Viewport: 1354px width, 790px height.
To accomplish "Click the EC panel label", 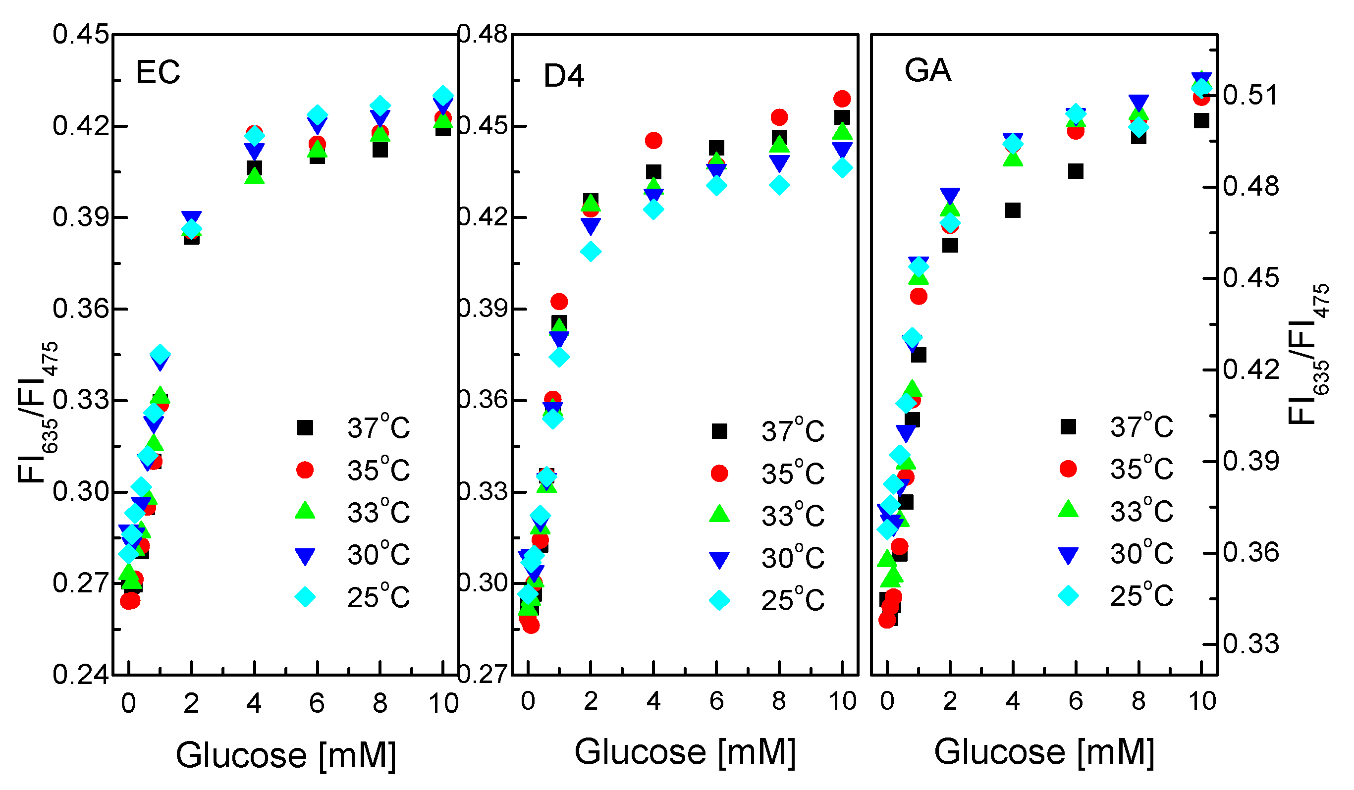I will [158, 72].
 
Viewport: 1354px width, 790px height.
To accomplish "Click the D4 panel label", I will [563, 76].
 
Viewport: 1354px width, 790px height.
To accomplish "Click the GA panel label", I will [927, 70].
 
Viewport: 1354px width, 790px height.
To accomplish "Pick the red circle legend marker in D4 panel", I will [719, 473].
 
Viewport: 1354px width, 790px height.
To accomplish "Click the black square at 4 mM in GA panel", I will [1012, 211].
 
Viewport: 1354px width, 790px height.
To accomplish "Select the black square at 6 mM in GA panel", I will [1075, 171].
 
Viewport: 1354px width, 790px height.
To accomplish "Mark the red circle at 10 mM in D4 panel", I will [842, 99].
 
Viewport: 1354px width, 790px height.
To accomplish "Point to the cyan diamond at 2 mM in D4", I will [591, 251].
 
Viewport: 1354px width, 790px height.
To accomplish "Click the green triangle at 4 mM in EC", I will [254, 176].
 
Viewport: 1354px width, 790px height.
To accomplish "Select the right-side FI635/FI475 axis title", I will [1308, 355].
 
